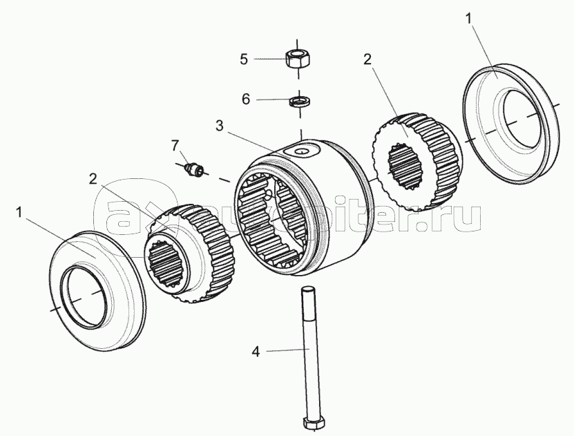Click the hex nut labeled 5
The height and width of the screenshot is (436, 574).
click(298, 58)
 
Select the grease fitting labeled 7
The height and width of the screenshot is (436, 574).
click(194, 169)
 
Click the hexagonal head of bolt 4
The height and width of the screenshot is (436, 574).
click(314, 423)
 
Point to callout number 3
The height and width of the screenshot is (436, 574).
click(220, 126)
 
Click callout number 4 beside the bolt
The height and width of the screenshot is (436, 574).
click(256, 352)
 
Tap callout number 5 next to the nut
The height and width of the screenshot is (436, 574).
click(243, 59)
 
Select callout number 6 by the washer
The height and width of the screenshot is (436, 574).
click(245, 99)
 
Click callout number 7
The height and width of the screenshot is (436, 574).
click(175, 145)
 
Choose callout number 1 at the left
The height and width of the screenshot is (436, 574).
click(19, 211)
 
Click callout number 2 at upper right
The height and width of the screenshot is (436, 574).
click(367, 59)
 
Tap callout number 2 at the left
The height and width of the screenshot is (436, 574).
click(93, 179)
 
